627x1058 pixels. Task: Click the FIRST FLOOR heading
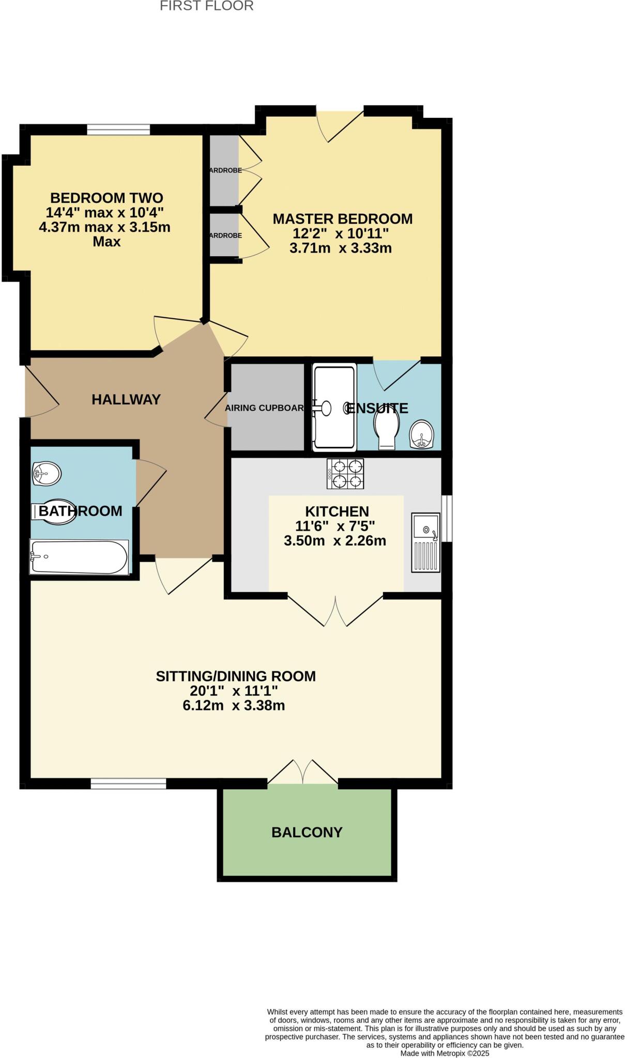tap(206, 6)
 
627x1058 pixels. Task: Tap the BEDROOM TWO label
tap(106, 198)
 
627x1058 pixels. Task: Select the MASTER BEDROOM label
tap(342, 219)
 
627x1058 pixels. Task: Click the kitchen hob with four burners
tap(345, 474)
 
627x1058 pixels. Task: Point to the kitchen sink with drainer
tap(425, 542)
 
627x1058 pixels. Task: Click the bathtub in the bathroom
tap(79, 557)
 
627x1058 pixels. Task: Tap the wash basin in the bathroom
tap(46, 473)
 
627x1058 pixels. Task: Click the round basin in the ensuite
tap(422, 434)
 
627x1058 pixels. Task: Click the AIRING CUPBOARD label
tap(264, 408)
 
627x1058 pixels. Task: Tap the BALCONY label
tap(307, 832)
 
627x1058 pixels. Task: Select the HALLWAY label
tap(126, 399)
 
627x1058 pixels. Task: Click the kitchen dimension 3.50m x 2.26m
tap(335, 541)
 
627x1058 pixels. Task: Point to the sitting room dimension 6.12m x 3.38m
tap(234, 706)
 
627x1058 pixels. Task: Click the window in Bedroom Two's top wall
tap(118, 130)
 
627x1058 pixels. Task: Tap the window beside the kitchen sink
tap(448, 518)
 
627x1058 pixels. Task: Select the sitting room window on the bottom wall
tap(128, 784)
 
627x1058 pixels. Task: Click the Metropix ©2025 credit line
tap(444, 1053)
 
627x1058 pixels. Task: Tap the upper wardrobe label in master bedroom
tap(225, 170)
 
